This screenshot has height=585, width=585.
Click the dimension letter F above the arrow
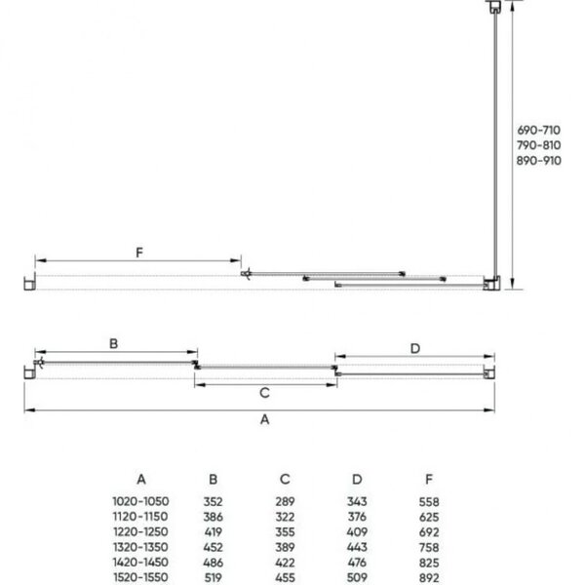tap(139, 253)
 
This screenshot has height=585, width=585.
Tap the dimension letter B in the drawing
tap(113, 343)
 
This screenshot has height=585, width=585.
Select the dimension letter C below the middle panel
tap(263, 393)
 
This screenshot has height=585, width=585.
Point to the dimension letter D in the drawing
tap(413, 347)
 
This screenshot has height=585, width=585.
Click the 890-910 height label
tap(538, 161)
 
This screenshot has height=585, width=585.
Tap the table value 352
tap(213, 500)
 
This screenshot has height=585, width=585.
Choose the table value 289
tap(285, 500)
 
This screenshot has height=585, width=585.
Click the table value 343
tap(355, 500)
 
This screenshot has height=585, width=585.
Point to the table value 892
tap(429, 577)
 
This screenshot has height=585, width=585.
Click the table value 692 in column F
tap(429, 531)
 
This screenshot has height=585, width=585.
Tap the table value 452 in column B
tap(213, 547)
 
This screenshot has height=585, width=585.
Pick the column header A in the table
tap(140, 479)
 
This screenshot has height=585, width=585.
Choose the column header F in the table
tap(429, 479)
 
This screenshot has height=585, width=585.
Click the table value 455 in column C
tap(285, 577)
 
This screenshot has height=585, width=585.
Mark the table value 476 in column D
tap(355, 563)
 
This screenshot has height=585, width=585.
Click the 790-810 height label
tap(538, 145)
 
